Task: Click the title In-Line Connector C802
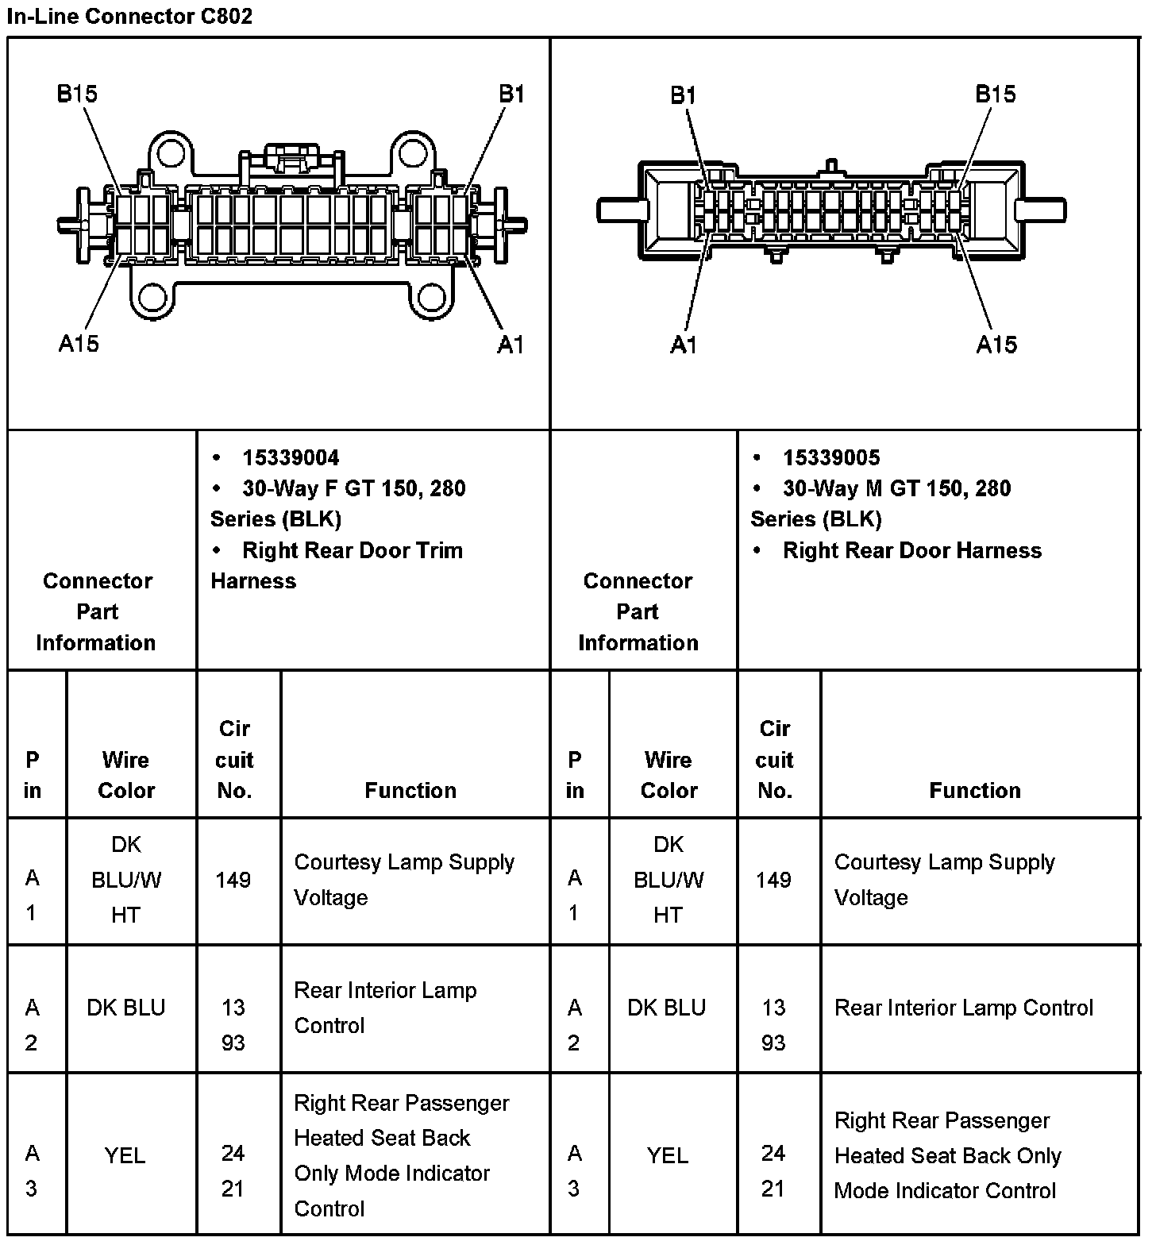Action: pyautogui.click(x=129, y=16)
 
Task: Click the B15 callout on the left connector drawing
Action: pyautogui.click(x=77, y=94)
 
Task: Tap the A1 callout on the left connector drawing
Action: pyautogui.click(x=511, y=344)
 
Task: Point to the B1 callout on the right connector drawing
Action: pyautogui.click(x=683, y=95)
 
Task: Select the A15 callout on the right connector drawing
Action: pyautogui.click(x=996, y=344)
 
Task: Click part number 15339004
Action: pyautogui.click(x=291, y=457)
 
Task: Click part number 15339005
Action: pyautogui.click(x=831, y=457)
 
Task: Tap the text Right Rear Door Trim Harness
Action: pyautogui.click(x=337, y=565)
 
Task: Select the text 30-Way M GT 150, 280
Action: pyautogui.click(x=896, y=488)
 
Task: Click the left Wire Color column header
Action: pyautogui.click(x=126, y=775)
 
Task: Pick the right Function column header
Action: pyautogui.click(x=975, y=790)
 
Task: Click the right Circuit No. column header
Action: pyautogui.click(x=775, y=759)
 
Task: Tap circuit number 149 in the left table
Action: pyautogui.click(x=233, y=880)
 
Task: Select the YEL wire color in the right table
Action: pyautogui.click(x=668, y=1155)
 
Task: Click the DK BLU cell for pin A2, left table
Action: pyautogui.click(x=126, y=1008)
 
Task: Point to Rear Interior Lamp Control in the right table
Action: pyautogui.click(x=964, y=1008)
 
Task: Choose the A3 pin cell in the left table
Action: pyautogui.click(x=32, y=1170)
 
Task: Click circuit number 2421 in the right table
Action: pyautogui.click(x=773, y=1170)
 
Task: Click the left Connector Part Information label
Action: pyautogui.click(x=97, y=611)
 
